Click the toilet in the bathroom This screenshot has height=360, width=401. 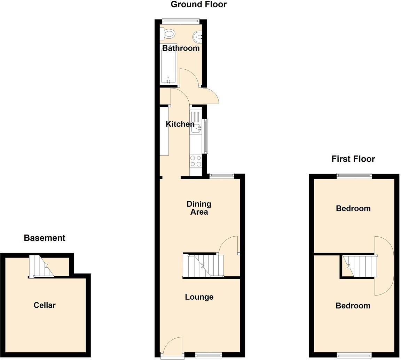tap(168, 34)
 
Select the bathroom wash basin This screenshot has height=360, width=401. tap(197, 36)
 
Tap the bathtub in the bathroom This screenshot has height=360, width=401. tap(168, 63)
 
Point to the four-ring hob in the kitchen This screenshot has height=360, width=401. tap(196, 161)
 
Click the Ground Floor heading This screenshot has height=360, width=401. tap(198, 5)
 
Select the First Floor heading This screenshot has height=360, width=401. tap(353, 159)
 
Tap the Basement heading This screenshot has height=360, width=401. tap(45, 238)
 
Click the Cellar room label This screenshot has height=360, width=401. tap(45, 305)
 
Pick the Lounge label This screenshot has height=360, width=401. tap(199, 297)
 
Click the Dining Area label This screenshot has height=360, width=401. tap(199, 208)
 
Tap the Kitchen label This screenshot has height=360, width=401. tap(180, 124)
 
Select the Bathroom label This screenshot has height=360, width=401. tap(181, 48)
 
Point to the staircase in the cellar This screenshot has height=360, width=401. tap(41, 266)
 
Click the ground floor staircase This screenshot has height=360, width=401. tap(203, 266)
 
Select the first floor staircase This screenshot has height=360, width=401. tap(360, 266)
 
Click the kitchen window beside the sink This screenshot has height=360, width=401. tap(205, 136)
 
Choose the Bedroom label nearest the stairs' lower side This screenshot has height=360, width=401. tap(353, 306)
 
